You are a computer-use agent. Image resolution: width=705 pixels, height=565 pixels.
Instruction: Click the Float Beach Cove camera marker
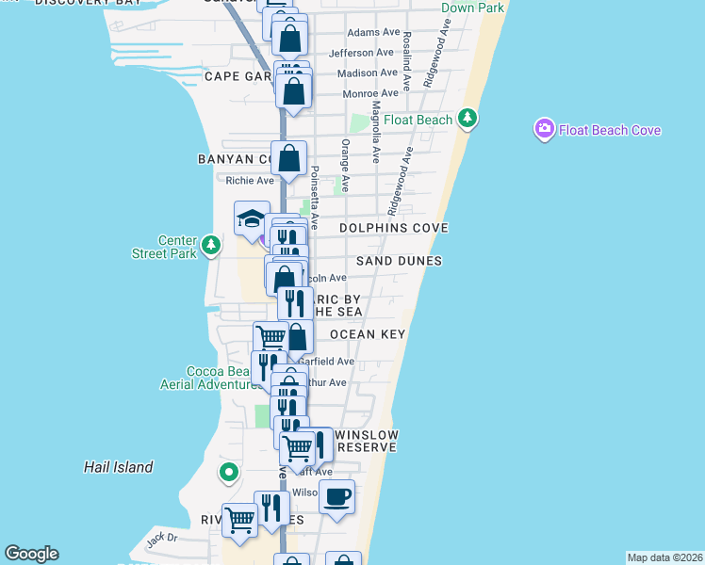coord(544,129)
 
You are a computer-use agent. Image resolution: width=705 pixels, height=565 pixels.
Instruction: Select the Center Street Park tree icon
coord(212,246)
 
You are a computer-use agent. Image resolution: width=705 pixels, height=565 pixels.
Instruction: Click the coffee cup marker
coord(336,496)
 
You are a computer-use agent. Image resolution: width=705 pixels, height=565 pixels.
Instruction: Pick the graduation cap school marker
coord(252,218)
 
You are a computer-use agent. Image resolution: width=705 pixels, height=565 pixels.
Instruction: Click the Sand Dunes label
coord(400,261)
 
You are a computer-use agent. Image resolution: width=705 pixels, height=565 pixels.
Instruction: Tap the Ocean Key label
coord(368,334)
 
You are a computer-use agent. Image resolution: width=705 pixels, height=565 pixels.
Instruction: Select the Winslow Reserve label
coord(367,441)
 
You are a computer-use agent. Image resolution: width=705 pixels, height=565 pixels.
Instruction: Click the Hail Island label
coord(118,466)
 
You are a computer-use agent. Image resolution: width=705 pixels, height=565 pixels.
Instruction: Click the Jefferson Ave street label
coord(362,53)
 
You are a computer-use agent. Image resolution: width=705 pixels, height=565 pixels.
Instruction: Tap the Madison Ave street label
coord(366,73)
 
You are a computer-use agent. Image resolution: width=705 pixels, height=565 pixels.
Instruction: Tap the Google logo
coord(31,554)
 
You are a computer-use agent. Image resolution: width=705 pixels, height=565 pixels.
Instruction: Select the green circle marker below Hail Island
coord(227,472)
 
